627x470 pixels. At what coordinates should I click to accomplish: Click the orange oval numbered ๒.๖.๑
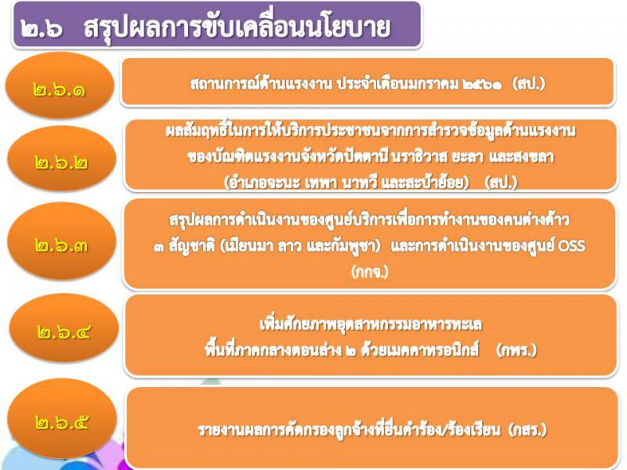[60, 85]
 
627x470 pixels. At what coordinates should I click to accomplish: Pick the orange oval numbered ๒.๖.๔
[64, 328]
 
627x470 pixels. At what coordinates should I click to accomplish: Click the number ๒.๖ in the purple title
[42, 28]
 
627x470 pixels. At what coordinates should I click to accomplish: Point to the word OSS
[571, 245]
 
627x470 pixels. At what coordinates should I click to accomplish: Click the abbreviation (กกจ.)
[370, 272]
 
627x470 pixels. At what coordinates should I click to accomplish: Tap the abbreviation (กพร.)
[516, 350]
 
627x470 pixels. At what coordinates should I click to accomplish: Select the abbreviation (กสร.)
[527, 429]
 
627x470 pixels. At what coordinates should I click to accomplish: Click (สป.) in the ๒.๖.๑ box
[528, 84]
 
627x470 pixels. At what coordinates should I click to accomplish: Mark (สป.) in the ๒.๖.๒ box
[501, 183]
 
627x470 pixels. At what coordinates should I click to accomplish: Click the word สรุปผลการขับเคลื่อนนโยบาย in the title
[237, 27]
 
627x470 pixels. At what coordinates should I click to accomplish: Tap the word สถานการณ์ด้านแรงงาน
[261, 83]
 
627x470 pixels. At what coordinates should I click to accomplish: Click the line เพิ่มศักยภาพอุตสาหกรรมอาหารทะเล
[371, 324]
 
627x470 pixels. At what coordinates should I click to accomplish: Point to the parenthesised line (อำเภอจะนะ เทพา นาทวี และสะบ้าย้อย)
[346, 183]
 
